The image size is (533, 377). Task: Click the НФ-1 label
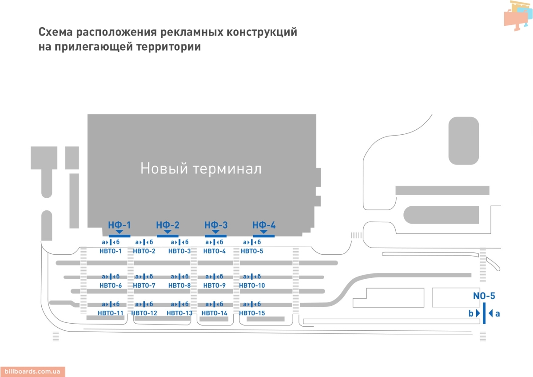(119, 225)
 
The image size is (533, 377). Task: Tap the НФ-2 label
(167, 225)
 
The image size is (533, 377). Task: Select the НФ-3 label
(216, 225)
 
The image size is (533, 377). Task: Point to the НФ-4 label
(264, 225)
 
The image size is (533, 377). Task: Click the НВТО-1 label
(111, 252)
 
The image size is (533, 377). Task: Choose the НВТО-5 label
(252, 252)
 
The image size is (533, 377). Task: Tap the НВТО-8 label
(179, 285)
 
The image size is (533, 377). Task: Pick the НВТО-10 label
(252, 285)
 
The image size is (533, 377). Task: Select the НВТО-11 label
(111, 313)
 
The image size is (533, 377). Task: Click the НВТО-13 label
(179, 313)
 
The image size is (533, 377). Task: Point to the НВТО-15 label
(252, 313)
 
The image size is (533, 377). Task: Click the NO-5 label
(484, 296)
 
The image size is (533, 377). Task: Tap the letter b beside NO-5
(471, 313)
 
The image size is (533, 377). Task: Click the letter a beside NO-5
(497, 313)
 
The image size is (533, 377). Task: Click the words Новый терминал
(201, 169)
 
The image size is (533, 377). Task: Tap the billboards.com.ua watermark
(32, 372)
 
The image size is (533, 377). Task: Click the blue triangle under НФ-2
(167, 232)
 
